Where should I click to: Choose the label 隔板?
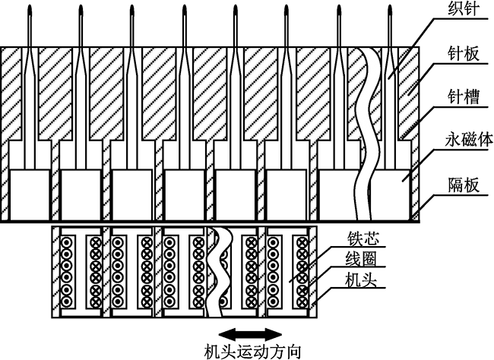click(461, 185)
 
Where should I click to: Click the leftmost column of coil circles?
click(66, 271)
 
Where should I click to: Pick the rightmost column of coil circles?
click(302, 271)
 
